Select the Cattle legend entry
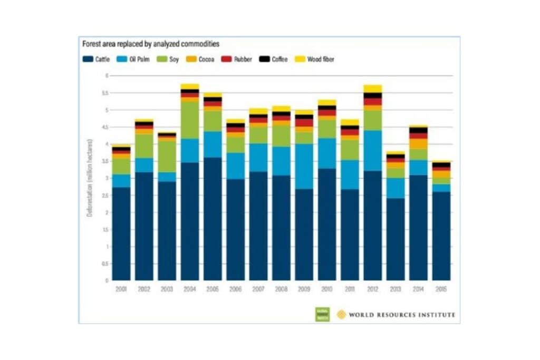point(97,60)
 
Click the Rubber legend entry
point(238,60)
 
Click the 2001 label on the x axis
point(121,289)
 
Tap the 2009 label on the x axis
point(304,289)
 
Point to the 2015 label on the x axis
point(441,289)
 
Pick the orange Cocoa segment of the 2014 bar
point(418,143)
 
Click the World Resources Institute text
point(401,315)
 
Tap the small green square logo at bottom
point(322,314)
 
